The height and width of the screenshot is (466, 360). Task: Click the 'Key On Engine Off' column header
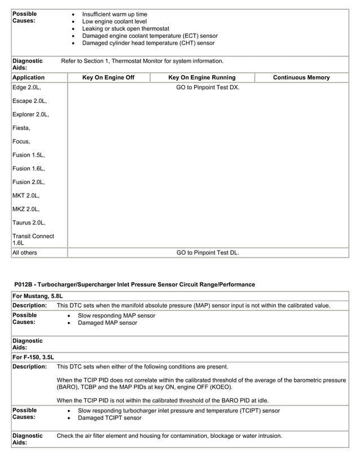pyautogui.click(x=108, y=77)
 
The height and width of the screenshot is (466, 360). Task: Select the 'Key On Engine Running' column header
pyautogui.click(x=202, y=77)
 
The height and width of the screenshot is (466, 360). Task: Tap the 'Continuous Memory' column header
pyautogui.click(x=301, y=77)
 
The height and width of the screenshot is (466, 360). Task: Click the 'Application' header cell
pyautogui.click(x=28, y=77)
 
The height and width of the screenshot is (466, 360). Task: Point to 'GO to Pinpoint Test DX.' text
pyautogui.click(x=208, y=87)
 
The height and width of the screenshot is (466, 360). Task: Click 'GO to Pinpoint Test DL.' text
pyautogui.click(x=208, y=253)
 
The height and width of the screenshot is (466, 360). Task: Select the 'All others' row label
pyautogui.click(x=25, y=253)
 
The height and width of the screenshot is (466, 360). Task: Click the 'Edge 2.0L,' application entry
pyautogui.click(x=27, y=87)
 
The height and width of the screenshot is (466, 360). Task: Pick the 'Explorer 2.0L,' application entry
pyautogui.click(x=30, y=115)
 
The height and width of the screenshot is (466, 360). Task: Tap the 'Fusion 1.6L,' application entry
pyautogui.click(x=28, y=169)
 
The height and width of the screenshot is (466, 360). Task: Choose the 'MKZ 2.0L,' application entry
pyautogui.click(x=26, y=209)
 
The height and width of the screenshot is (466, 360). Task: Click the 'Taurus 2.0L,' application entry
pyautogui.click(x=29, y=223)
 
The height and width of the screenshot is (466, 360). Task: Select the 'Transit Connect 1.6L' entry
pyautogui.click(x=33, y=239)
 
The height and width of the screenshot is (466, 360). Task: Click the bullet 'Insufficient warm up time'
pyautogui.click(x=115, y=14)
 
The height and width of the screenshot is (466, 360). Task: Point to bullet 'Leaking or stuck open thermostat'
pyautogui.click(x=126, y=29)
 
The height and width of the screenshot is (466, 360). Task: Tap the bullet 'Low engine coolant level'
pyautogui.click(x=115, y=21)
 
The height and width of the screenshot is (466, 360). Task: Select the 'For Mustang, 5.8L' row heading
pyautogui.click(x=37, y=296)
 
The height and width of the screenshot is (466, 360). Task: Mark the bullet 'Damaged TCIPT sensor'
pyautogui.click(x=109, y=418)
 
